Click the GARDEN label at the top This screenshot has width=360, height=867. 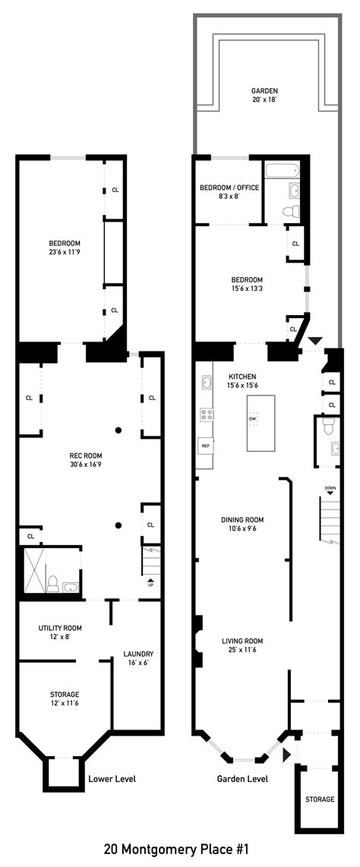click(265, 90)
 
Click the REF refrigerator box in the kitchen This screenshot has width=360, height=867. click(205, 446)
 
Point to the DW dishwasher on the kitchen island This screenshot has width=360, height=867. click(253, 418)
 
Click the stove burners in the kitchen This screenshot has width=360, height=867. click(206, 414)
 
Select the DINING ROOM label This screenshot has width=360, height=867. click(242, 519)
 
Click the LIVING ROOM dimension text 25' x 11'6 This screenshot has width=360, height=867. click(242, 650)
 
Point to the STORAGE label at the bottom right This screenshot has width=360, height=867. click(319, 799)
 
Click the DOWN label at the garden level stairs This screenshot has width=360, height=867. click(330, 488)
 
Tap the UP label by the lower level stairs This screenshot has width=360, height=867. click(150, 585)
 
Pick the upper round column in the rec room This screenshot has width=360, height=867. click(118, 430)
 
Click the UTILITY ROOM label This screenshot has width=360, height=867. click(60, 628)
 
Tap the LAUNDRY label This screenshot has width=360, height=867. click(138, 654)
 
